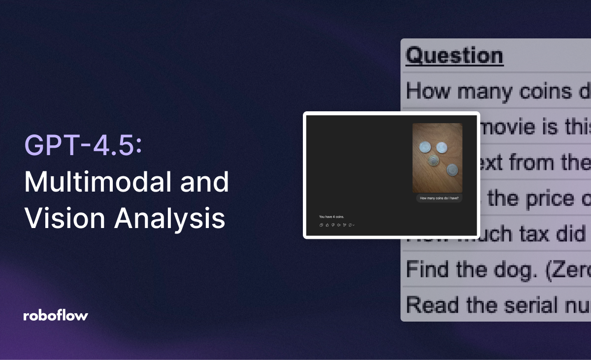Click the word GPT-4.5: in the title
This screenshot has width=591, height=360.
[x=83, y=146]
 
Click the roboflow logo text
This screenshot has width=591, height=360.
[x=56, y=316]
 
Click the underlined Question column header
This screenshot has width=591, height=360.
[x=454, y=56]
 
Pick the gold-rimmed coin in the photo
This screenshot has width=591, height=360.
[x=433, y=161]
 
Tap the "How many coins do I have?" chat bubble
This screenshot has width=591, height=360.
[x=439, y=198]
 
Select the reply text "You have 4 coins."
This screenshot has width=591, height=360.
[x=331, y=217]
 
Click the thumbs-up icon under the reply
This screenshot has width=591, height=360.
[x=327, y=225]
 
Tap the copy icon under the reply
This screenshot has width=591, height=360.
[x=321, y=225]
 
